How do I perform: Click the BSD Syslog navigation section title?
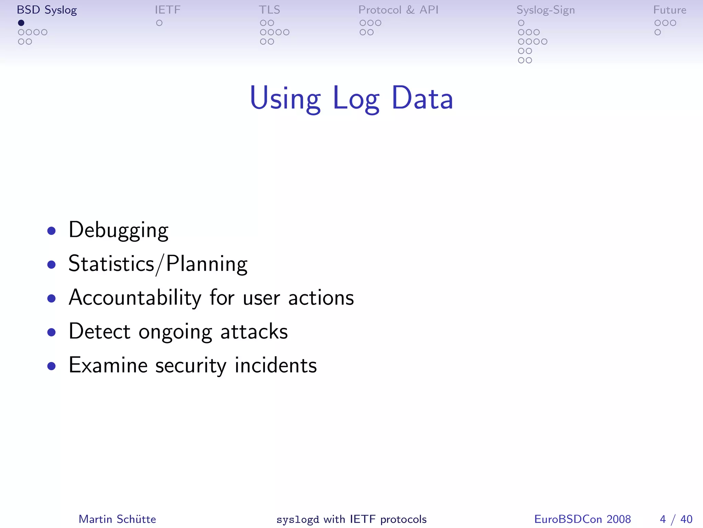click(47, 10)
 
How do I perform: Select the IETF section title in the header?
click(167, 10)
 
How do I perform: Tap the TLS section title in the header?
click(269, 10)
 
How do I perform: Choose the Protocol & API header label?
click(398, 10)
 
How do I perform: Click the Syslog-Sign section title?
click(545, 10)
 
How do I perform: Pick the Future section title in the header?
click(669, 10)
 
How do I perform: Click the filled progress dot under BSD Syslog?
click(21, 23)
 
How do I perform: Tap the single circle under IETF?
click(159, 23)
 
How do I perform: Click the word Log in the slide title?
click(356, 99)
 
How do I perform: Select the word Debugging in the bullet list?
click(118, 230)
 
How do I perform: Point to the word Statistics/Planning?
click(158, 264)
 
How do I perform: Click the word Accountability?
click(135, 297)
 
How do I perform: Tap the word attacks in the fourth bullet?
click(254, 331)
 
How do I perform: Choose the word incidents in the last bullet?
click(276, 365)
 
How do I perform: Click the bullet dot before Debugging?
click(51, 231)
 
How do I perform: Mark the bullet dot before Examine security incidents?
click(51, 366)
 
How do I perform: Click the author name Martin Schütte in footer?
click(117, 519)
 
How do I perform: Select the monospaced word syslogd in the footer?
click(298, 519)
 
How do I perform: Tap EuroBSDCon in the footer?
click(568, 519)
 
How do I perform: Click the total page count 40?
click(686, 519)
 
